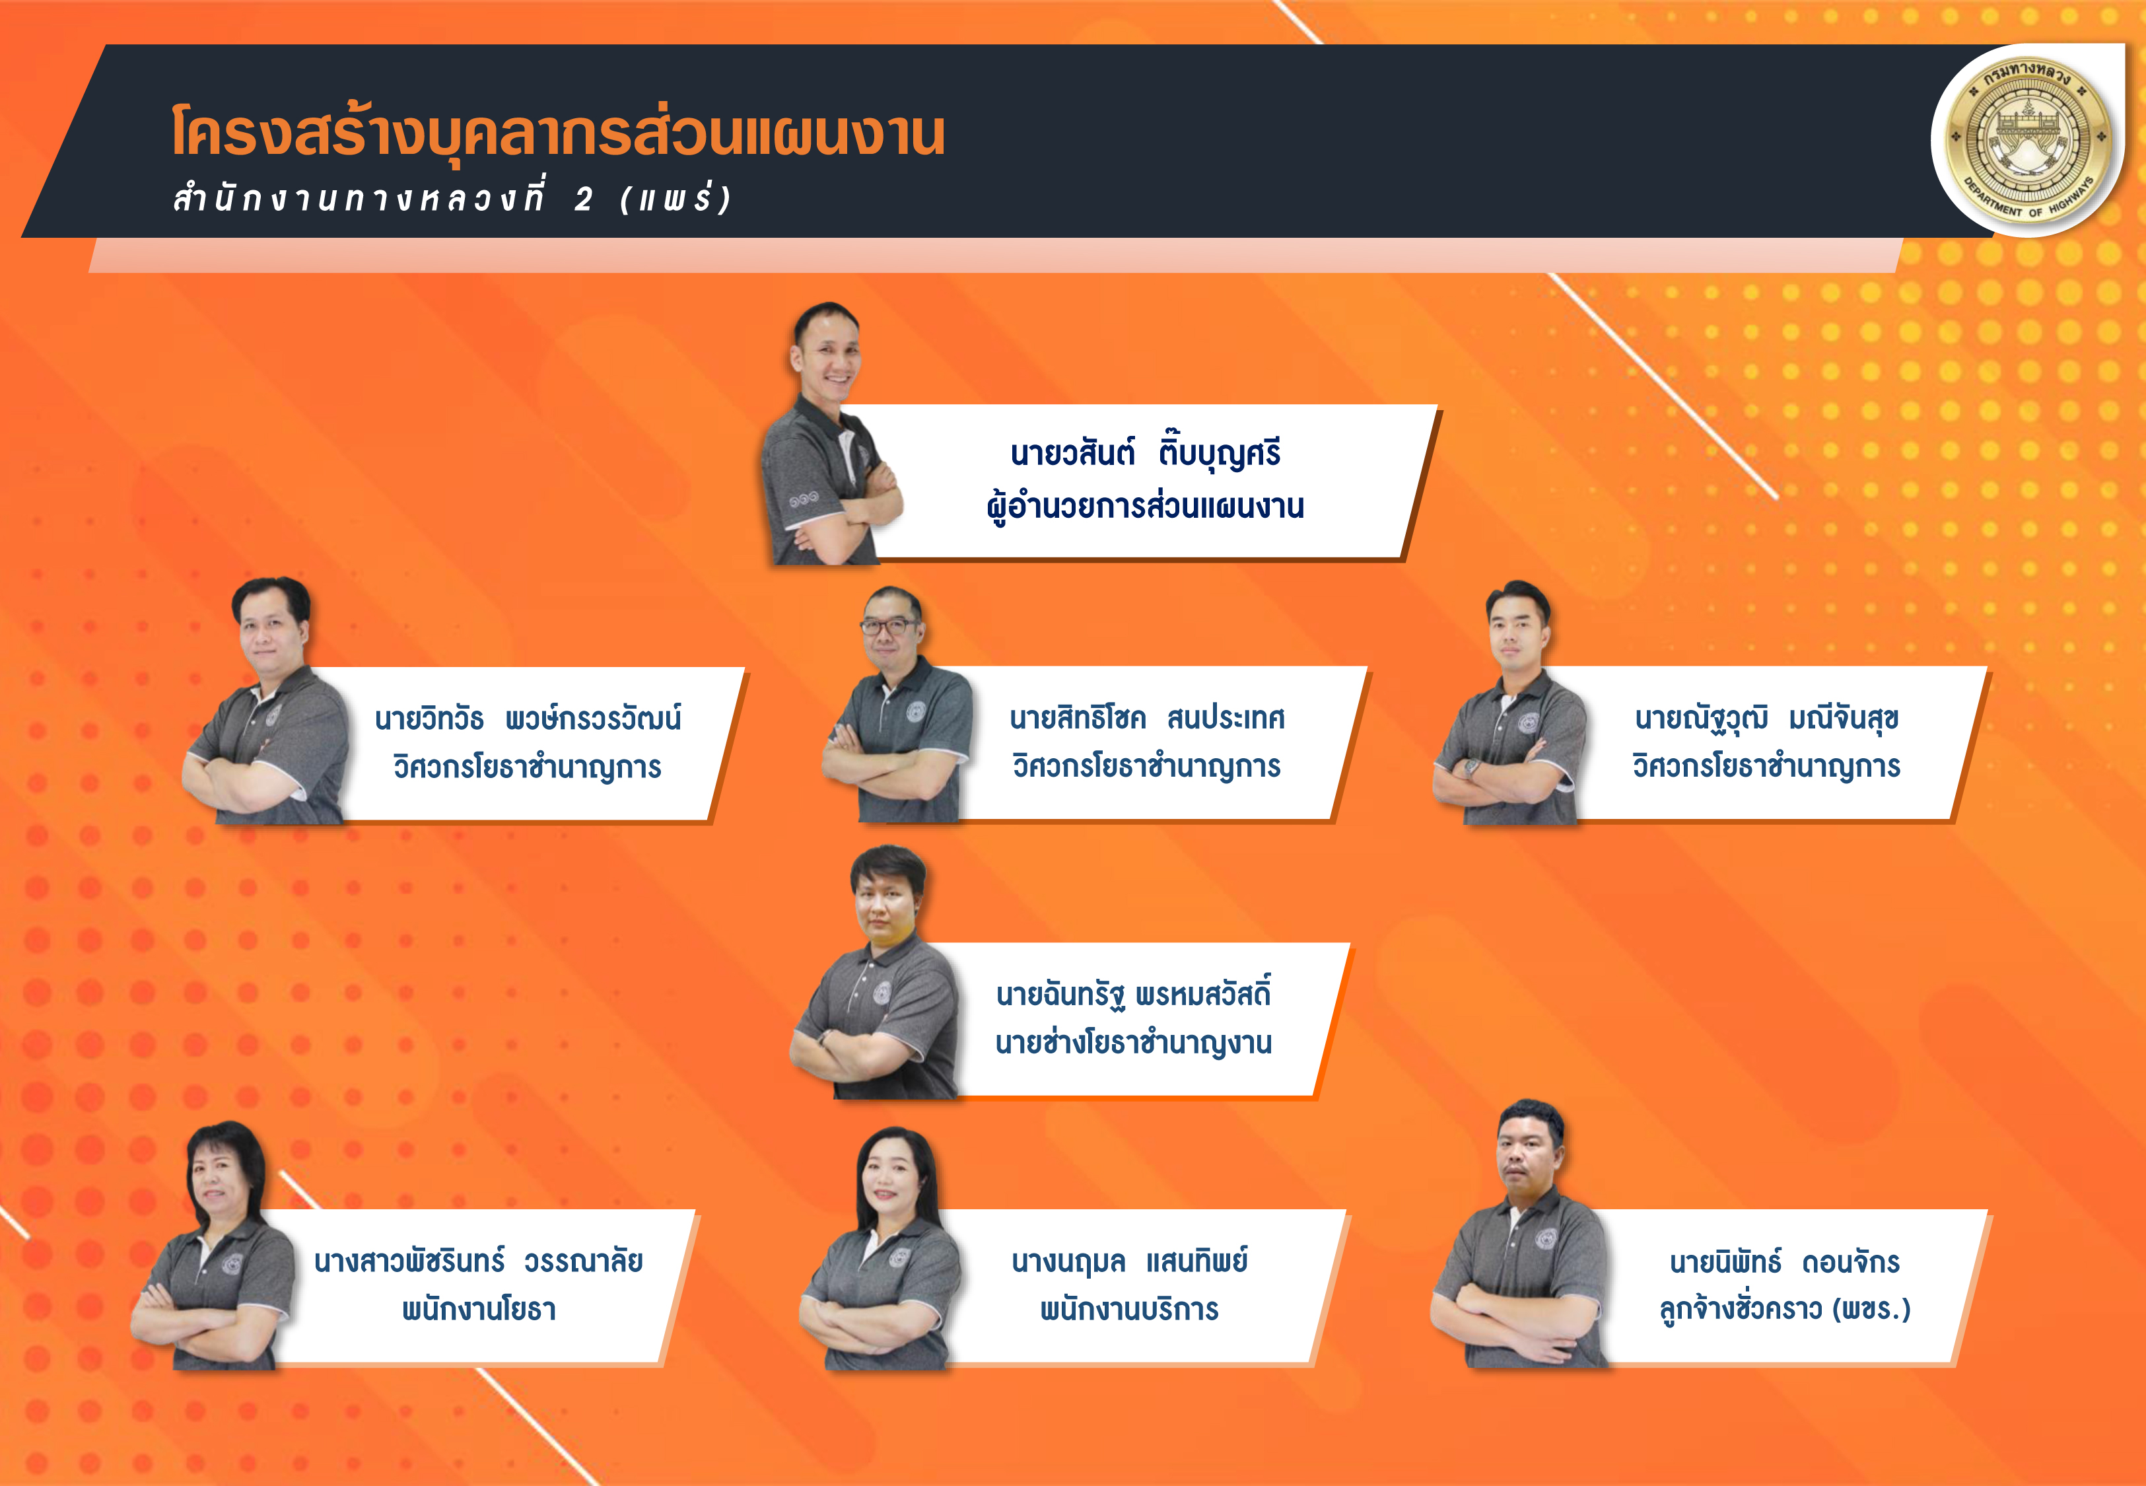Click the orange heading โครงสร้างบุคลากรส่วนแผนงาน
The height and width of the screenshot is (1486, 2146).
(559, 132)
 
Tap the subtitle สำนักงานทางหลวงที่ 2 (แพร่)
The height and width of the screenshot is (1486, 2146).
(453, 198)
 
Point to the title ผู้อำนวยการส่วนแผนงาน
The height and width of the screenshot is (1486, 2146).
(1146, 507)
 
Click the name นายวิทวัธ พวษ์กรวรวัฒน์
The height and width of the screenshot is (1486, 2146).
(528, 718)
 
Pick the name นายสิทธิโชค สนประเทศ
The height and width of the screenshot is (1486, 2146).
(1146, 718)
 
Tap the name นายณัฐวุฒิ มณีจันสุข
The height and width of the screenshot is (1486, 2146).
(1766, 719)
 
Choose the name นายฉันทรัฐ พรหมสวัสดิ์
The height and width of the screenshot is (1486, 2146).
(1134, 993)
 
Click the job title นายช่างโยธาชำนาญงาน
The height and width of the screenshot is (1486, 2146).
(1134, 1043)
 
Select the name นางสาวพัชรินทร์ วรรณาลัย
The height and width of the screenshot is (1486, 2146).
(478, 1261)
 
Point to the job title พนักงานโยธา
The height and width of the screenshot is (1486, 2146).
(478, 1309)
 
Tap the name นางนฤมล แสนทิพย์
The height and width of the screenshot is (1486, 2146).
(1130, 1261)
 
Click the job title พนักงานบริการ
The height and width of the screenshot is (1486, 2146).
(1130, 1309)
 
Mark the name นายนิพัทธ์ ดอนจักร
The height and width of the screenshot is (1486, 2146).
(1785, 1261)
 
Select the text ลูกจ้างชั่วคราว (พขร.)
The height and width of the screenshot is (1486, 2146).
(1785, 1309)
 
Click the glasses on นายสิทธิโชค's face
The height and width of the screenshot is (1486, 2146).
(889, 625)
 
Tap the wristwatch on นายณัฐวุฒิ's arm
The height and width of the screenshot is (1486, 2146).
(1471, 768)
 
